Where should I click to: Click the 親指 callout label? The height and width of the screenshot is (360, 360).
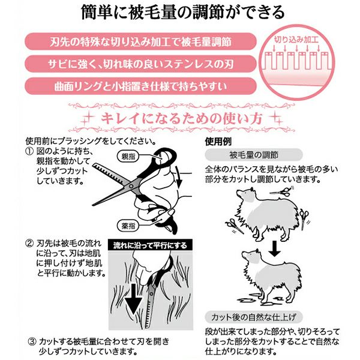[128, 157]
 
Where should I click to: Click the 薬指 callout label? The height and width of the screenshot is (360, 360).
[128, 226]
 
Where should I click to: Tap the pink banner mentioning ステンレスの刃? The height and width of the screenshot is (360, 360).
[140, 64]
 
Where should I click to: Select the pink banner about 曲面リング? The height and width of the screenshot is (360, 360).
[140, 86]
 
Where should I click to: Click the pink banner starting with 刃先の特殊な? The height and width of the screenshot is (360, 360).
[140, 41]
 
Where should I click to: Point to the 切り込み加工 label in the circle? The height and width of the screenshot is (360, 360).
[296, 40]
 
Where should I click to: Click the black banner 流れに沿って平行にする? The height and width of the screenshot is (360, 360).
[151, 245]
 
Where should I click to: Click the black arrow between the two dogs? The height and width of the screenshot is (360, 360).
[275, 248]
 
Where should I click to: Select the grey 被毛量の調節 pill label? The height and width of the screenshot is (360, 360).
[254, 155]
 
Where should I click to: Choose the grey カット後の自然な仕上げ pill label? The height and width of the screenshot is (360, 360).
[254, 317]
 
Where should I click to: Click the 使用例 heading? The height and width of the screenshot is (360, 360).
[218, 142]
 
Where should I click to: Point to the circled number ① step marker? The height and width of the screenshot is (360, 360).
[29, 151]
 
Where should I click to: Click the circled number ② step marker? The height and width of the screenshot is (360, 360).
[29, 244]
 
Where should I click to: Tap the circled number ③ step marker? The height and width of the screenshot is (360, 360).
[32, 341]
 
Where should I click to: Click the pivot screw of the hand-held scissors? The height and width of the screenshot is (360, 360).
[131, 186]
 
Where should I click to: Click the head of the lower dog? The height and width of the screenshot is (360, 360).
[250, 257]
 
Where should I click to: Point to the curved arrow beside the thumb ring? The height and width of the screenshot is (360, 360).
[178, 177]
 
